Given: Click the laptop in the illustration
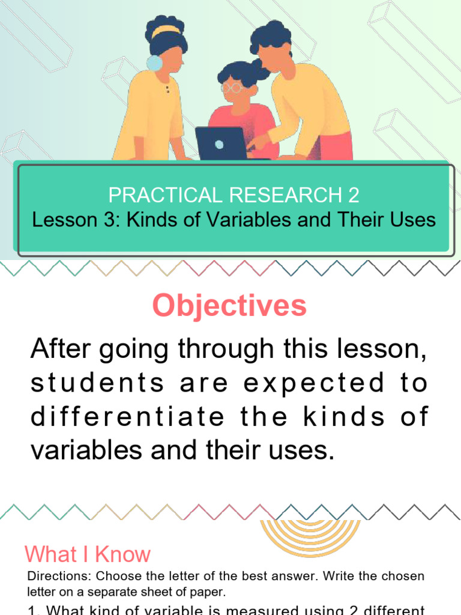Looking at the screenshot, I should (221, 143).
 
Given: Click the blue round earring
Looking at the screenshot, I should (154, 62).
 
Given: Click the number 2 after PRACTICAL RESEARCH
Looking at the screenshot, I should (354, 195).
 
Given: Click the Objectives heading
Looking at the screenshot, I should (229, 306).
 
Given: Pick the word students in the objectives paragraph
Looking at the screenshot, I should (97, 383).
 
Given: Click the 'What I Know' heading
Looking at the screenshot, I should (88, 554).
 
